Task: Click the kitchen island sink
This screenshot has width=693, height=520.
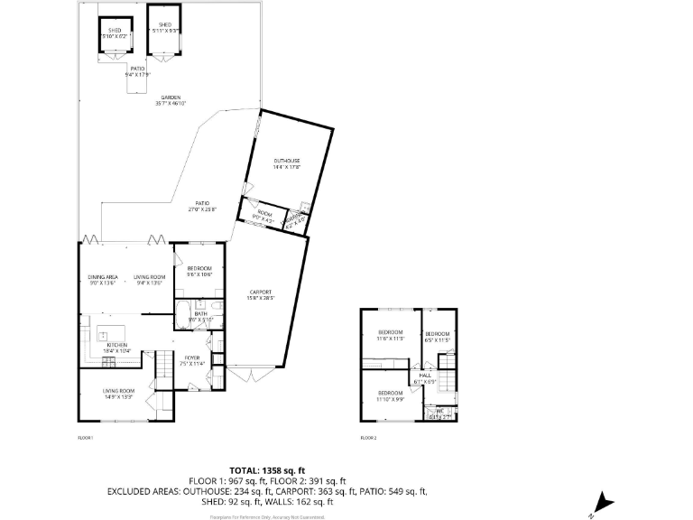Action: point(103,334)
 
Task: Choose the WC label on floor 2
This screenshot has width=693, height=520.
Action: point(440,413)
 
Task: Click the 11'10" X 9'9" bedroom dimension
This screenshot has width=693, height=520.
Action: point(390,398)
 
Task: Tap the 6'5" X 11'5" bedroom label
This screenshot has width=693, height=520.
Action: point(437,339)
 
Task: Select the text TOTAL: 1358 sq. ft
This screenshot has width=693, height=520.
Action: point(267,470)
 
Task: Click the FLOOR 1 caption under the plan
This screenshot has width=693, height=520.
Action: point(86,437)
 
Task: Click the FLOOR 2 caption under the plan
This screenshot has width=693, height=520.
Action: point(368,437)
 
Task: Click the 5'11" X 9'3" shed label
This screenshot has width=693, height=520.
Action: point(164,28)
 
